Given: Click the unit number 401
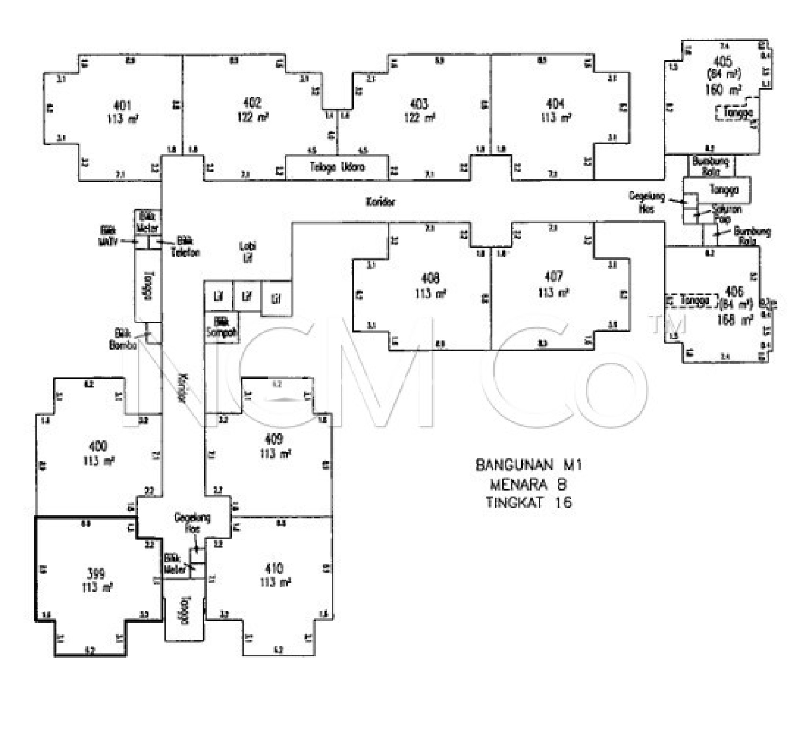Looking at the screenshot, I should (122, 106).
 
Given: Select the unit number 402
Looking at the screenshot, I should (252, 103).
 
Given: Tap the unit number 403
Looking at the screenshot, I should (419, 105).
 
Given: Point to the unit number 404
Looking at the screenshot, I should (555, 104).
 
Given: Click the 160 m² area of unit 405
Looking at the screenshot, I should (723, 89).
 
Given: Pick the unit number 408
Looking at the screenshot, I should (430, 278).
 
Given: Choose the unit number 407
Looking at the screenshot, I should (553, 277).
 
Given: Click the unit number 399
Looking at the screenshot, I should (96, 573).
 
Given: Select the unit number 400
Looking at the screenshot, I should (98, 446).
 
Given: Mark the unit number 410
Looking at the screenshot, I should (274, 568).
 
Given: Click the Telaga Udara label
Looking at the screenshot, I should (337, 167).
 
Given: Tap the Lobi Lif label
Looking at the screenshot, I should (247, 252).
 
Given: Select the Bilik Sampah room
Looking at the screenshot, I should (222, 327).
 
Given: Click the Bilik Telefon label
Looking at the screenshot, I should (185, 246).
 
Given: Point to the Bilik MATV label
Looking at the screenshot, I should (108, 236).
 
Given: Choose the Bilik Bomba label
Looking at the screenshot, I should (122, 339).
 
